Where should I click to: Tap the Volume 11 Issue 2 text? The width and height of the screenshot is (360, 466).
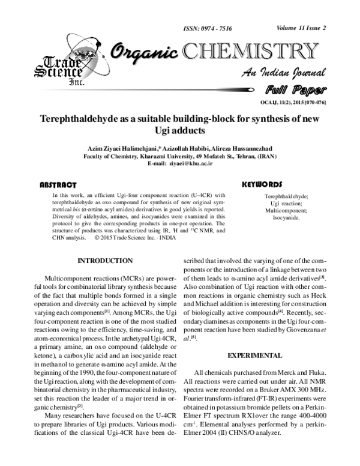(x=302, y=28)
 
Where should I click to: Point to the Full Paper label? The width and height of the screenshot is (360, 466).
(x=295, y=91)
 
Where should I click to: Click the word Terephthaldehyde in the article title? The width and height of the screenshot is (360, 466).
(x=85, y=120)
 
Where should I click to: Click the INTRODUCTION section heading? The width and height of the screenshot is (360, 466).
(x=106, y=261)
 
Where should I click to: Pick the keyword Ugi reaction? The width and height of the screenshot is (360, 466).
(x=286, y=204)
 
